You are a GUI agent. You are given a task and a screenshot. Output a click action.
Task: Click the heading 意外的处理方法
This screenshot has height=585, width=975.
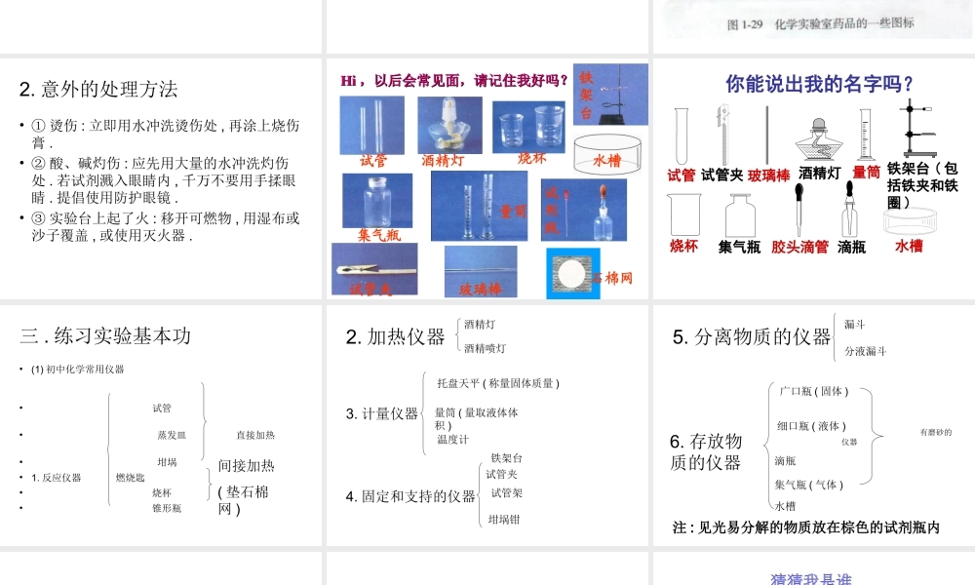(98, 90)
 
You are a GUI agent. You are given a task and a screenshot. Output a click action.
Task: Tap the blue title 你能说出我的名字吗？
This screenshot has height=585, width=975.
(820, 84)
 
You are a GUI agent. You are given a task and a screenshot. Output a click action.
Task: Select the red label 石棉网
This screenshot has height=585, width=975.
(613, 278)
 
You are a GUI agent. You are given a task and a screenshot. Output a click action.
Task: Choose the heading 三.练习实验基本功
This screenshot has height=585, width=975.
(105, 335)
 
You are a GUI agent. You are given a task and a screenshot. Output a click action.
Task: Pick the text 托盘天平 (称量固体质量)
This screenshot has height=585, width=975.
(497, 383)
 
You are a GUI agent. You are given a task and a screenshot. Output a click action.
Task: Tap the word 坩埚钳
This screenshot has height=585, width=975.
(504, 519)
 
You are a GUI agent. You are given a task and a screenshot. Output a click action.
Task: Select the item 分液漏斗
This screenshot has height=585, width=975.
(865, 351)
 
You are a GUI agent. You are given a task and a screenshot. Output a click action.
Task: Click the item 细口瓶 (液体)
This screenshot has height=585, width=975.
(810, 425)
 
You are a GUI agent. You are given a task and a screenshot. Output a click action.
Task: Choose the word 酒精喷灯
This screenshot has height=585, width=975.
(485, 348)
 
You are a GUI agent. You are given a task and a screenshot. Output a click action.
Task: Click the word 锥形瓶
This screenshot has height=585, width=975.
(166, 507)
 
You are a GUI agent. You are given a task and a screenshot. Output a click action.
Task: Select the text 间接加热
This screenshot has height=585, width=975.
(246, 466)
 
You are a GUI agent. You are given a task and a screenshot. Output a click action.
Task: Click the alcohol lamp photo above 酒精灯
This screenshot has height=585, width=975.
(449, 124)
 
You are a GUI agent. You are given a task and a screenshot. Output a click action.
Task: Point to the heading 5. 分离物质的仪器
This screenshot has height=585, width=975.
(752, 336)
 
